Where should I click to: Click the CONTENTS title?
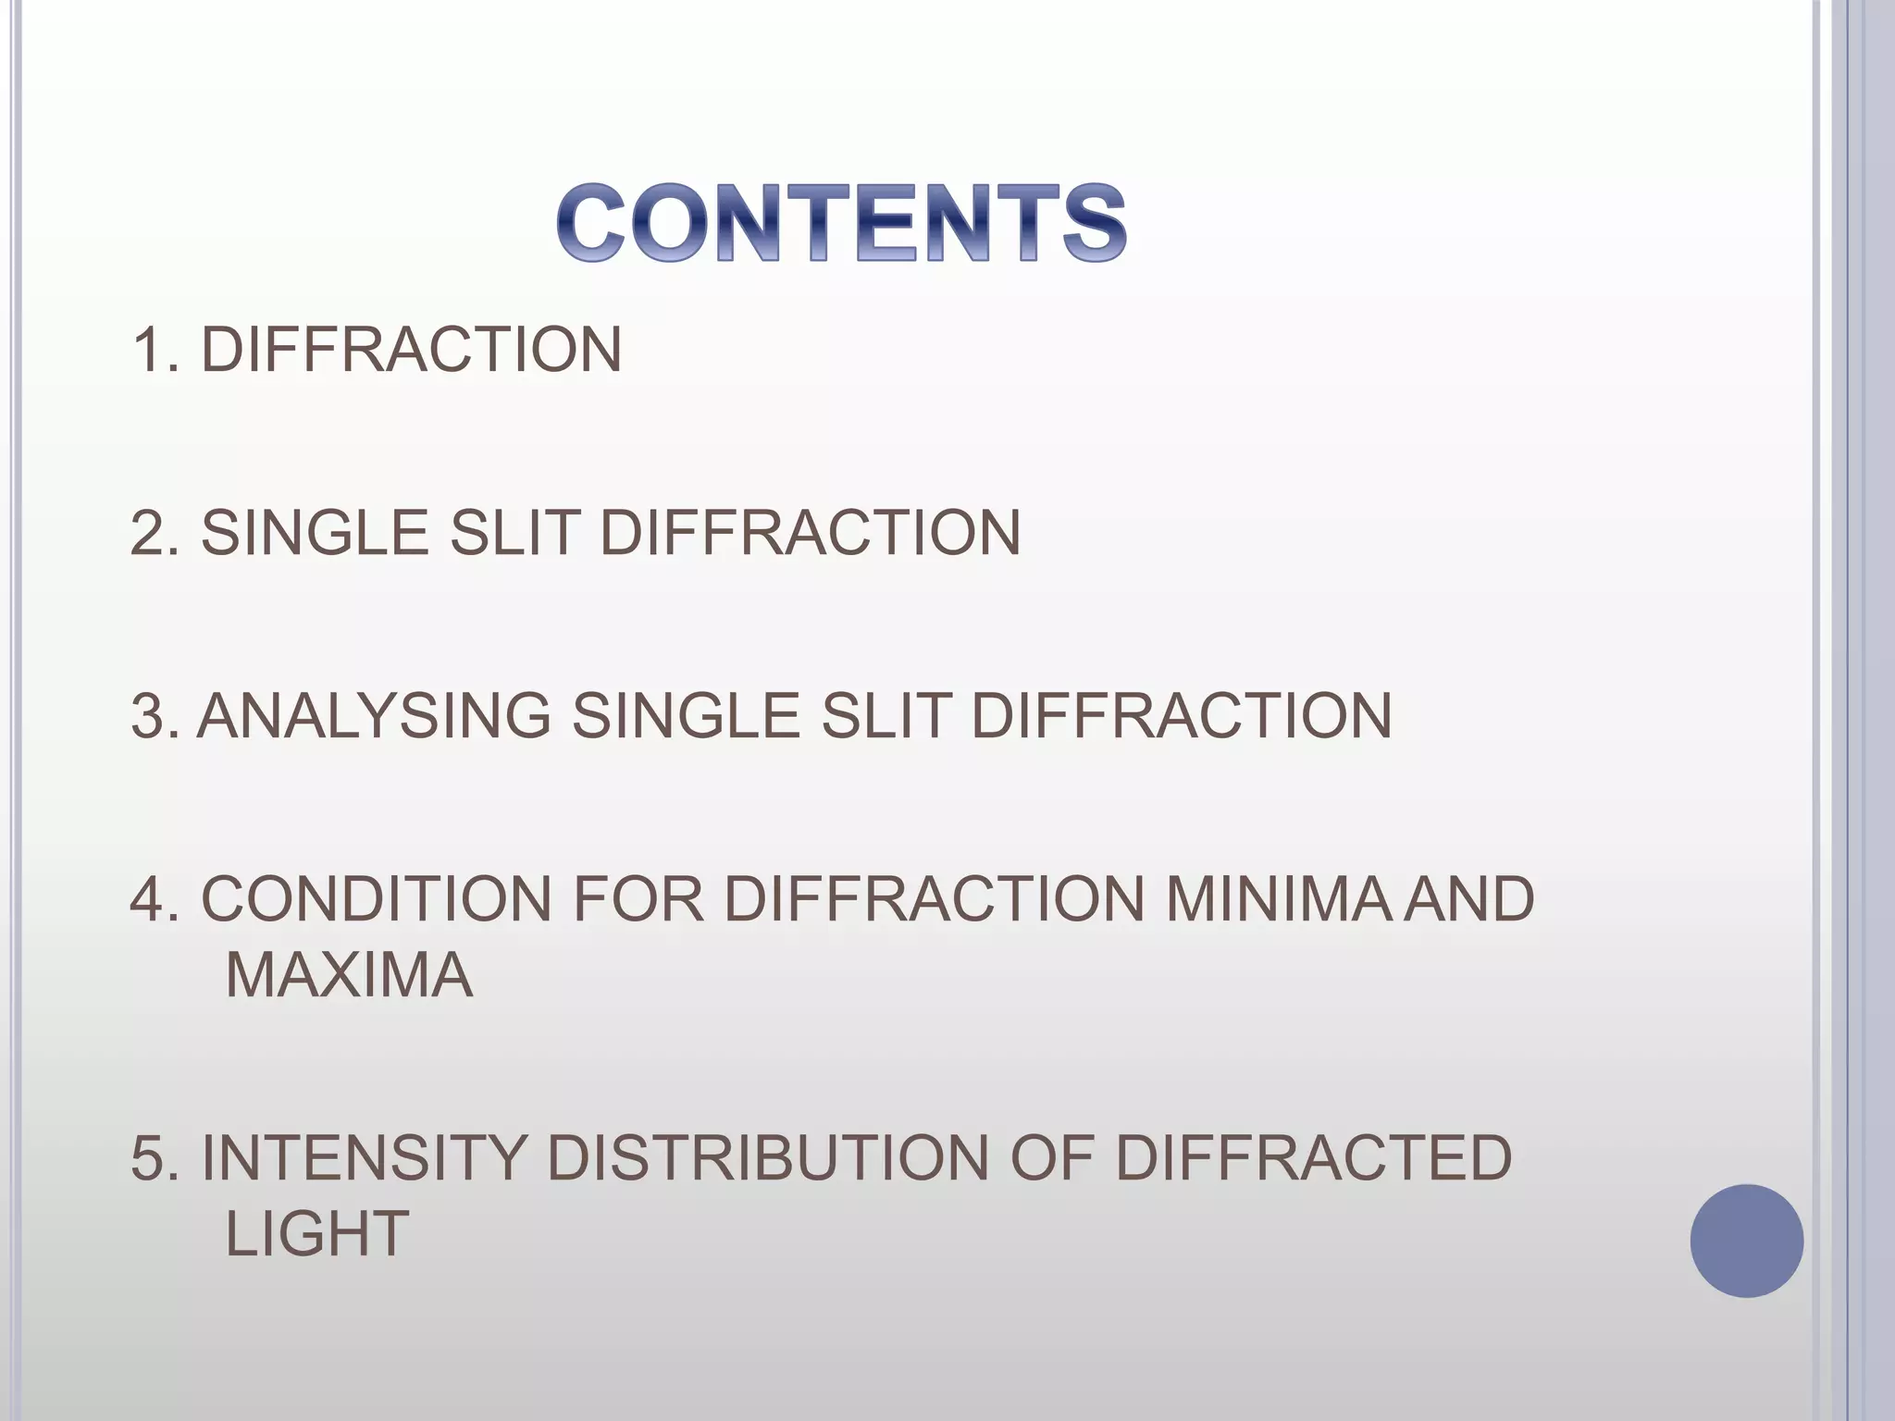click(x=841, y=223)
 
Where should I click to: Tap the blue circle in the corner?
click(x=1746, y=1241)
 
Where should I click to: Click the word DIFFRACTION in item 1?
click(x=411, y=350)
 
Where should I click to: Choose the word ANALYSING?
click(x=374, y=716)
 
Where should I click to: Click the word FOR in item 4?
click(x=638, y=899)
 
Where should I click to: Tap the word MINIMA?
click(x=1278, y=899)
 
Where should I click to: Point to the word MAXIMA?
click(x=349, y=975)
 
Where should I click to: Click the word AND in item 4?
click(x=1468, y=899)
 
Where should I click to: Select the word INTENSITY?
click(x=363, y=1158)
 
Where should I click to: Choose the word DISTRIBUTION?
click(x=768, y=1158)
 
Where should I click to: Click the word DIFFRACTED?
click(x=1313, y=1158)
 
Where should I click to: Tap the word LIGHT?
click(x=316, y=1233)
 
